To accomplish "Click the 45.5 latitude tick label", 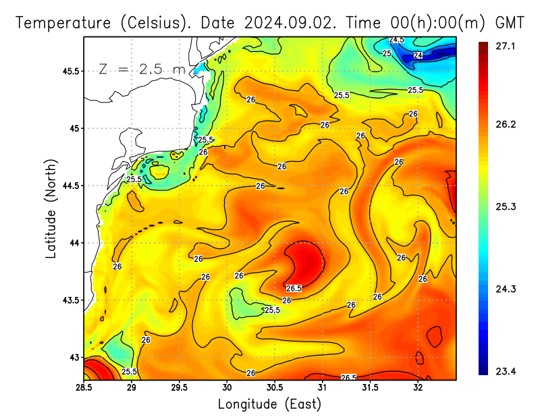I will point(67,71).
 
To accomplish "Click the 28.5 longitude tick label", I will point(84,388).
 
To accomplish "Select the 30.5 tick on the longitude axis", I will point(275,388).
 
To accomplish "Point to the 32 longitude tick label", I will point(418,388).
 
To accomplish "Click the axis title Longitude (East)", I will point(269,404).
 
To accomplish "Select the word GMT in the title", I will point(510,22).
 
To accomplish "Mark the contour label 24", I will point(418,55).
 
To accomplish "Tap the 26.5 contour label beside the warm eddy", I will point(294,288).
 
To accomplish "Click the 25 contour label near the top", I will point(387,53).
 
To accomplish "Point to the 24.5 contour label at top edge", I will point(397,40).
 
